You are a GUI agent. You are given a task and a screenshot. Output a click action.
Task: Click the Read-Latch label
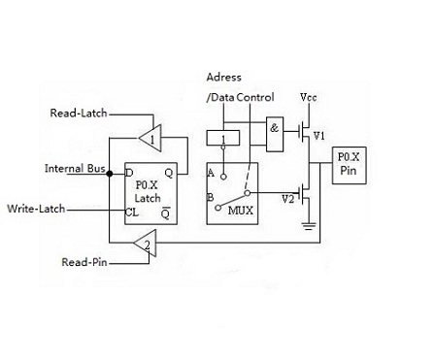tap(79, 113)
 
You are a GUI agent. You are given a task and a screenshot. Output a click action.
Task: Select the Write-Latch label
tap(36, 209)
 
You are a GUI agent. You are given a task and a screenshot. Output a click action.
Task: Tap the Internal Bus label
tap(75, 168)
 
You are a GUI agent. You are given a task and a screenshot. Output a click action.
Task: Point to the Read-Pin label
tap(84, 262)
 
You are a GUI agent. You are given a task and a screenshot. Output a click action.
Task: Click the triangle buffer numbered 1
tap(151, 138)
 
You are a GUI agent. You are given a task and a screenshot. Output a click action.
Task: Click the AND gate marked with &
tap(275, 135)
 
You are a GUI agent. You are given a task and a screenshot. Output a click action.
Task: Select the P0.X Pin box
tap(350, 166)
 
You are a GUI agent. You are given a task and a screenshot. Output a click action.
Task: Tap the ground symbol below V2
tap(309, 226)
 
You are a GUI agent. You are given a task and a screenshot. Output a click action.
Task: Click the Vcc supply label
tap(309, 97)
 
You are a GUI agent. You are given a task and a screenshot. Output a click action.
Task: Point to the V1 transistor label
tap(319, 136)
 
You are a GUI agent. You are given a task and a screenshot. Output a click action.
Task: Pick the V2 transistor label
tap(287, 199)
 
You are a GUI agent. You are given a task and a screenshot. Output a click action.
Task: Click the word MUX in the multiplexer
tap(241, 211)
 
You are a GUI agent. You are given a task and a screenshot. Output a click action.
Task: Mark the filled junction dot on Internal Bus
tap(110, 174)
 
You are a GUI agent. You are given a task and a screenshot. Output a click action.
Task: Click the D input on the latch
tap(129, 173)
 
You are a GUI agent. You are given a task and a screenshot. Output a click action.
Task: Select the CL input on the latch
tap(132, 213)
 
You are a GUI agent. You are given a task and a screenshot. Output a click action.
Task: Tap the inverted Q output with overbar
tap(165, 213)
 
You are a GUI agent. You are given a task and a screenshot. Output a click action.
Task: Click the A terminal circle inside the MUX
tap(223, 177)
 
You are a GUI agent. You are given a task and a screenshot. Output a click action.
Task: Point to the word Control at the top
tap(255, 97)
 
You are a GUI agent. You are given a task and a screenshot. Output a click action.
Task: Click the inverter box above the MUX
tap(223, 138)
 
